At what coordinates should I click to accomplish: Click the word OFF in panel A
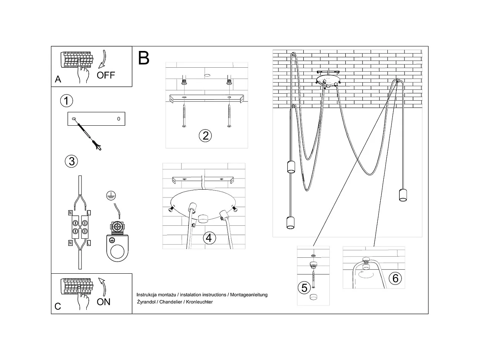[x=106, y=75]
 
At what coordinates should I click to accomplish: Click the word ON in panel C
[x=103, y=302]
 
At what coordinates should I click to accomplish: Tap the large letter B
[x=144, y=58]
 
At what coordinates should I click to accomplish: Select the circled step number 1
[x=66, y=101]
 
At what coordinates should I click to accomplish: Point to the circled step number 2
[x=205, y=135]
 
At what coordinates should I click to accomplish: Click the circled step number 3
[x=71, y=161]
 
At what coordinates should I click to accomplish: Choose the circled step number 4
[x=209, y=238]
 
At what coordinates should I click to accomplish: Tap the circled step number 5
[x=304, y=287]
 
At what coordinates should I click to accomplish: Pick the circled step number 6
[x=395, y=278]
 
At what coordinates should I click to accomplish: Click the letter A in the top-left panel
[x=58, y=79]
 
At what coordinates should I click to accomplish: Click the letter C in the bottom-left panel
[x=58, y=306]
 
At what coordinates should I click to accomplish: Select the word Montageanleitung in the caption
[x=249, y=295]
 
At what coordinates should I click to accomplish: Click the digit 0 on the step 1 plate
[x=119, y=119]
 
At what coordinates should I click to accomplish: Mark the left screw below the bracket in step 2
[x=184, y=116]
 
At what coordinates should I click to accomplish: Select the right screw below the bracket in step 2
[x=229, y=116]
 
